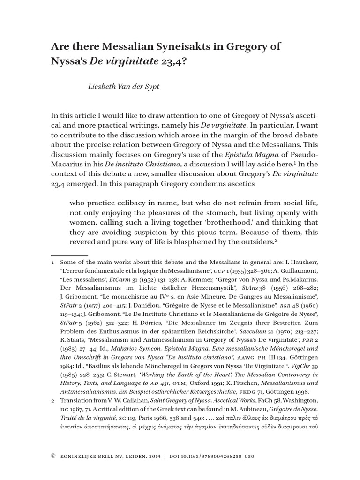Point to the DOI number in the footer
click(220, 456)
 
